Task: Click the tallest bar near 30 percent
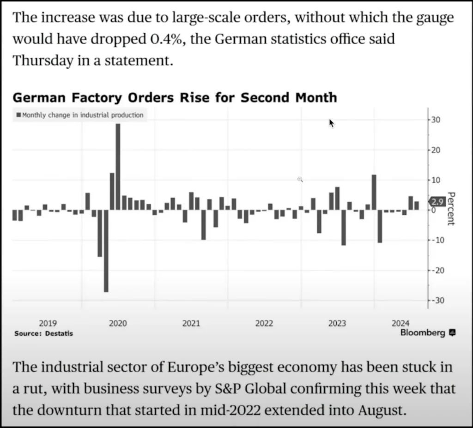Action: (x=118, y=166)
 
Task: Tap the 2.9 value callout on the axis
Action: (x=437, y=202)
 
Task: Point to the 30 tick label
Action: (x=435, y=120)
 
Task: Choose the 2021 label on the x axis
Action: (x=191, y=324)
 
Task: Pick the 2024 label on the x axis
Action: (x=400, y=323)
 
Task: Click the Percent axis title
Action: (x=451, y=209)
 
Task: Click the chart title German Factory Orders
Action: (x=175, y=97)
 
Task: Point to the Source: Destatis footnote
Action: (x=43, y=333)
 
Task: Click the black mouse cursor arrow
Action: (x=331, y=123)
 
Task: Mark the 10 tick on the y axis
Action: (x=435, y=180)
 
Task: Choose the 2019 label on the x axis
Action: (x=48, y=324)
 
